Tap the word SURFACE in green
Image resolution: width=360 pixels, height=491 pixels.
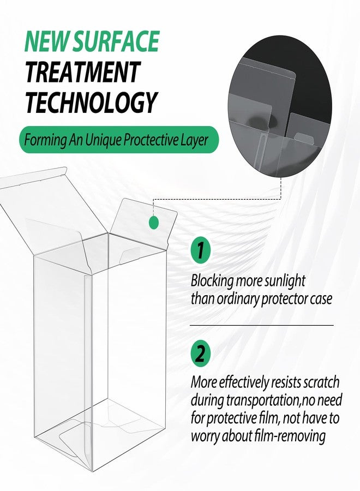[x=116, y=41]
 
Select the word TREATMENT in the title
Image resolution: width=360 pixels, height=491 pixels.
[x=82, y=72]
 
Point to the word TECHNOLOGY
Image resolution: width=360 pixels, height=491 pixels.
[x=90, y=103]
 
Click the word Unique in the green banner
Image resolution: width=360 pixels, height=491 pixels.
[x=103, y=140]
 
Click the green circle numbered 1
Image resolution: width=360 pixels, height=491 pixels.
[x=201, y=250]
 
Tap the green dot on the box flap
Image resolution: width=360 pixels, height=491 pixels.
[x=154, y=223]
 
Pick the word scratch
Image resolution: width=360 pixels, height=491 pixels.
[x=322, y=382]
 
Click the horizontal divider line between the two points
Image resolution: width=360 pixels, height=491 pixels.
[x=262, y=325]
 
